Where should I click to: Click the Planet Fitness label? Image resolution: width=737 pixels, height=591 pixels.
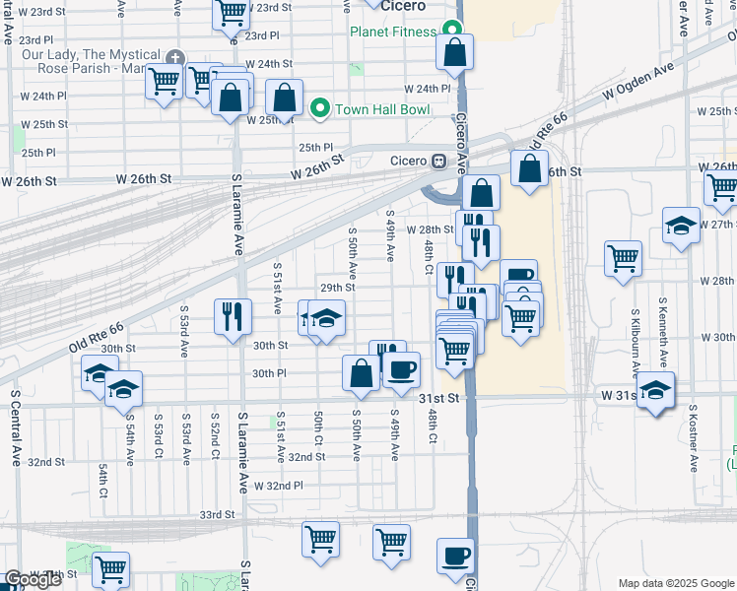click(x=391, y=32)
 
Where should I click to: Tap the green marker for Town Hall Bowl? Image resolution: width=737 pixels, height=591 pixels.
click(x=319, y=108)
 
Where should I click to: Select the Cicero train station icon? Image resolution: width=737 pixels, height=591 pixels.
click(x=439, y=162)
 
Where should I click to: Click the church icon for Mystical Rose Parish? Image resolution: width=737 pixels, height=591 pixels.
click(x=175, y=59)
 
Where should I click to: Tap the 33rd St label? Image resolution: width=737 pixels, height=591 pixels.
click(x=217, y=514)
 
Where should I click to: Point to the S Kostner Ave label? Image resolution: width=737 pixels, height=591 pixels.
click(x=694, y=435)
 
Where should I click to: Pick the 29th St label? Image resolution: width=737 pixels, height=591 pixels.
click(x=337, y=288)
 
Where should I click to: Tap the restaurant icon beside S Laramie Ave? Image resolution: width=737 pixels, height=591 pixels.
click(x=232, y=315)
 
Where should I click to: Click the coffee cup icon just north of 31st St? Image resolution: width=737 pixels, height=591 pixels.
click(x=401, y=370)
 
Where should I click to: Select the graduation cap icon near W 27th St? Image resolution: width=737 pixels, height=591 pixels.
click(x=681, y=226)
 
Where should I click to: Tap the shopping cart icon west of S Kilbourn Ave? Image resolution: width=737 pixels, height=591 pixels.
click(x=623, y=259)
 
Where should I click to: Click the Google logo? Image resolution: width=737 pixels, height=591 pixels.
click(x=33, y=580)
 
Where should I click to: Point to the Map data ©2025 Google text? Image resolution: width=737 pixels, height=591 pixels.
click(x=675, y=583)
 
